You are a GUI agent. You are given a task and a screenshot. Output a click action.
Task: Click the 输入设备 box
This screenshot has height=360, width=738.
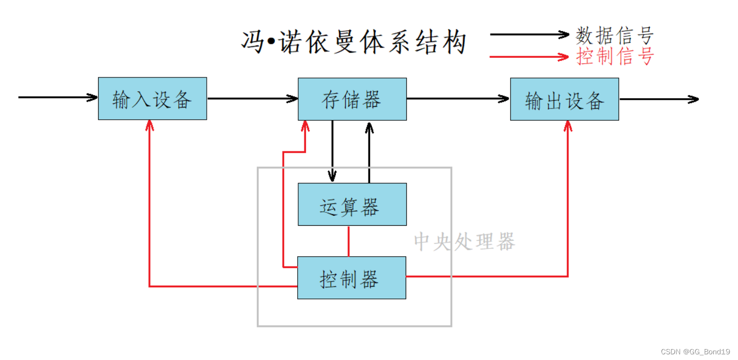pyautogui.click(x=152, y=99)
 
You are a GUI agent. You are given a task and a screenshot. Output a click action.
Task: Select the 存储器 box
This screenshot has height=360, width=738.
pyautogui.click(x=352, y=99)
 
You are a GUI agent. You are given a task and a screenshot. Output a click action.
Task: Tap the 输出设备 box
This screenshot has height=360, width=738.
pyautogui.click(x=564, y=99)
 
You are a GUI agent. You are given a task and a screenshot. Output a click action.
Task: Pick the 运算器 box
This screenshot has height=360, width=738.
pyautogui.click(x=352, y=205)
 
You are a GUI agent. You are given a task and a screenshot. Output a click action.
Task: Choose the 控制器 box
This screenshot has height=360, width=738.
pyautogui.click(x=351, y=277)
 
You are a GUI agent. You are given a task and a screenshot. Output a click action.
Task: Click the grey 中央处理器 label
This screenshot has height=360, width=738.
pyautogui.click(x=464, y=242)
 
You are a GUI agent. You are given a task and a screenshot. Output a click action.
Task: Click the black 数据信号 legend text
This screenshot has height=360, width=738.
pyautogui.click(x=614, y=35)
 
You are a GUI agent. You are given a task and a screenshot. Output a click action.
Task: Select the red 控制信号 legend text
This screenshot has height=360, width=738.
pyautogui.click(x=614, y=56)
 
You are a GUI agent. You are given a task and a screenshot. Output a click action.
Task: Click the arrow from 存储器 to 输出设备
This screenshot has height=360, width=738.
pyautogui.click(x=458, y=99)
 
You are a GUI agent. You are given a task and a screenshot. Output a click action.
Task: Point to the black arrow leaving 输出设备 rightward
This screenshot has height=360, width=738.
pyautogui.click(x=659, y=99)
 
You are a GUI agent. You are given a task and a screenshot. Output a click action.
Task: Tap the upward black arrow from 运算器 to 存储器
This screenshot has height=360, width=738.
pyautogui.click(x=369, y=152)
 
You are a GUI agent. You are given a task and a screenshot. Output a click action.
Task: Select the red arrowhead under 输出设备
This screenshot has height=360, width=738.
pyautogui.click(x=568, y=126)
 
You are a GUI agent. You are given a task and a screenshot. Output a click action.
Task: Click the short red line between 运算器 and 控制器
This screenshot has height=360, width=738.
pyautogui.click(x=349, y=241)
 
